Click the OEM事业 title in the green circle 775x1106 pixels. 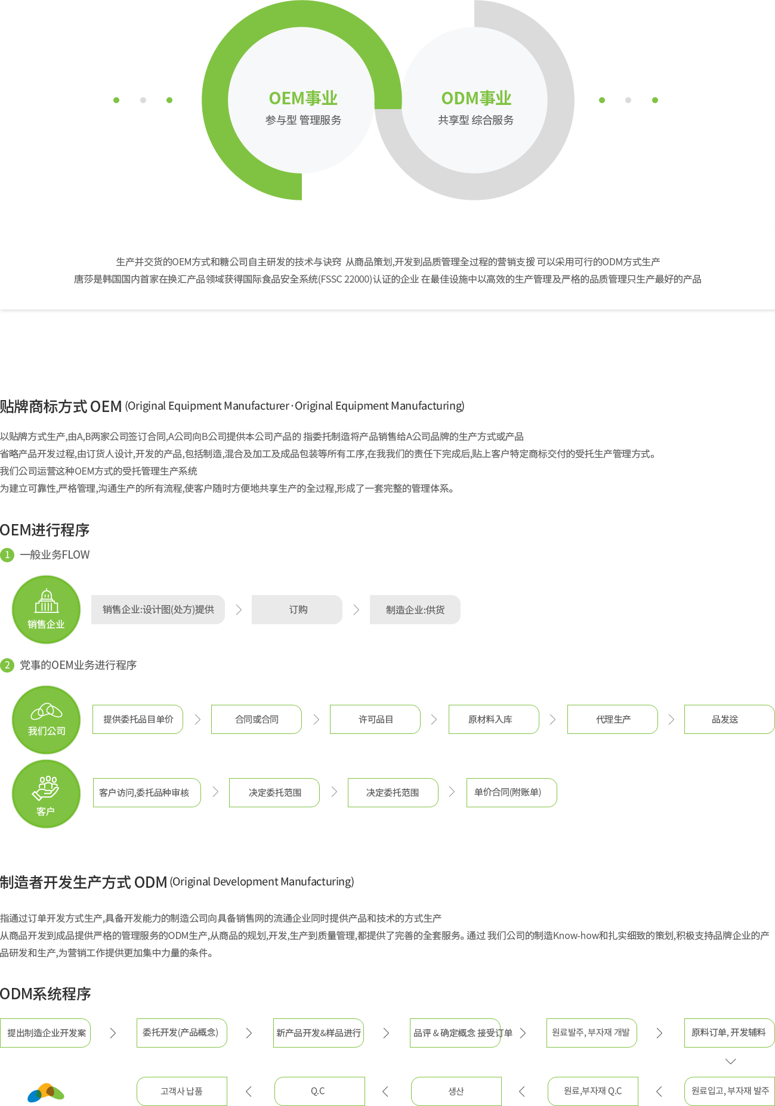click(x=303, y=98)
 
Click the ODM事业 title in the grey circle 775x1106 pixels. click(x=476, y=98)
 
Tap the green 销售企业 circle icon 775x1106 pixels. click(x=47, y=609)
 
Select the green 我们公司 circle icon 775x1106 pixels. click(x=47, y=720)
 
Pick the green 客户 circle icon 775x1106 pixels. click(x=47, y=794)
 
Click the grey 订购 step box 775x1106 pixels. click(x=297, y=609)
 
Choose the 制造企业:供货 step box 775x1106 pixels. click(x=415, y=609)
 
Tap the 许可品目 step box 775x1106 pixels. click(x=375, y=719)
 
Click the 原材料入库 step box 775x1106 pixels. click(x=494, y=719)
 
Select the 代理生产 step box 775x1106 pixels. click(x=613, y=719)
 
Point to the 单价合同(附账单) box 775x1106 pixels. click(x=512, y=792)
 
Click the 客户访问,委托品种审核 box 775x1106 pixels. click(x=147, y=792)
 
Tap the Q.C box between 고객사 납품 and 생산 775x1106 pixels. click(x=320, y=1091)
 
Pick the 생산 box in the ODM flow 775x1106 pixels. click(x=456, y=1091)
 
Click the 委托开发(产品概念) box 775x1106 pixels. click(x=182, y=1033)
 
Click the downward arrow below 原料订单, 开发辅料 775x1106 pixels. click(x=730, y=1061)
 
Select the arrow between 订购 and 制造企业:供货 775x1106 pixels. click(x=356, y=609)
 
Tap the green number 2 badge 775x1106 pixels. click(x=7, y=665)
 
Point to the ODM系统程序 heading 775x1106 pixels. click(x=45, y=994)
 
